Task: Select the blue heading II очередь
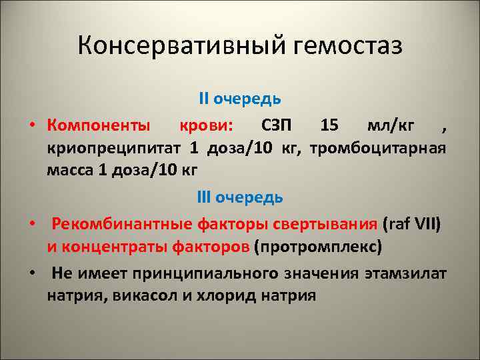click(240, 99)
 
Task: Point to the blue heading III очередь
click(240, 197)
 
